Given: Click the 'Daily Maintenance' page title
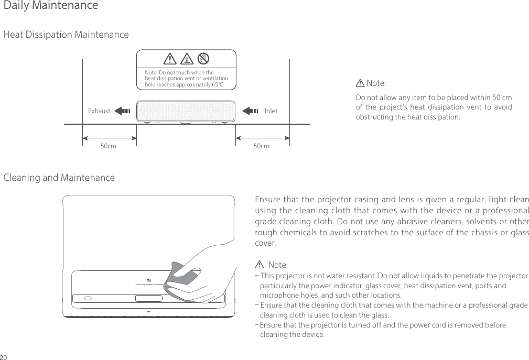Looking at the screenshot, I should click(50, 6).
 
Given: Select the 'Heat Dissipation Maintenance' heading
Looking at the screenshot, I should click(66, 35).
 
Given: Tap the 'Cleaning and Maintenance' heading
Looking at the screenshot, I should click(59, 178).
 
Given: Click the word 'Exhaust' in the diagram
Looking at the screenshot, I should click(99, 111).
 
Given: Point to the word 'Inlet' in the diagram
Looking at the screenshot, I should click(271, 111).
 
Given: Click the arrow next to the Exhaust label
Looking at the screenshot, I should click(122, 111).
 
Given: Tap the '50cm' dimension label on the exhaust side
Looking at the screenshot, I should click(109, 146).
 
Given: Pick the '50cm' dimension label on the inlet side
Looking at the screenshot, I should click(261, 146).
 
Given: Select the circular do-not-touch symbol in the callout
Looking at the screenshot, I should click(204, 58).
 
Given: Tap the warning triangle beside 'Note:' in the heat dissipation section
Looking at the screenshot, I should click(360, 83).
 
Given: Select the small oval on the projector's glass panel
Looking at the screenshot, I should click(88, 298).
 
